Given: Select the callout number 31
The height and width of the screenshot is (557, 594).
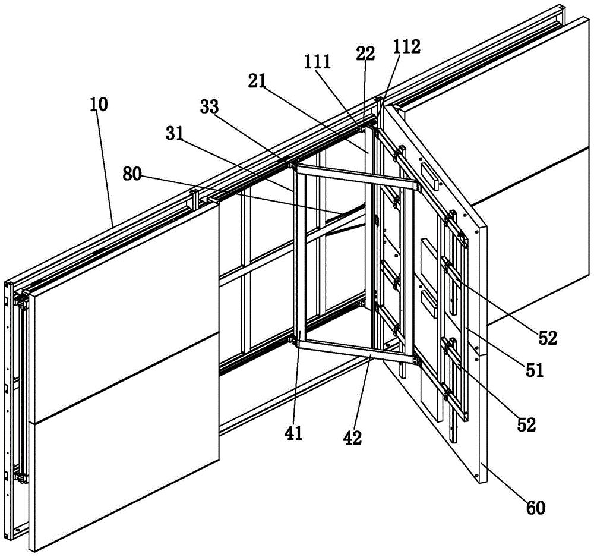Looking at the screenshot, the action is pyautogui.click(x=175, y=133).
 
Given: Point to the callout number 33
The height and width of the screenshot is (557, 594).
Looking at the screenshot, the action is pyautogui.click(x=210, y=108).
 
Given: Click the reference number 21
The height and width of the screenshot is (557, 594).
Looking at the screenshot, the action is pyautogui.click(x=257, y=81).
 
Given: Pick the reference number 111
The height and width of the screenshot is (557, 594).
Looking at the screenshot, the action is pyautogui.click(x=317, y=62).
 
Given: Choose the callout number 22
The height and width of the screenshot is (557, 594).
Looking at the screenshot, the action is pyautogui.click(x=365, y=53).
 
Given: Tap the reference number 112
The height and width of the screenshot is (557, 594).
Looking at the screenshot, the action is pyautogui.click(x=407, y=46).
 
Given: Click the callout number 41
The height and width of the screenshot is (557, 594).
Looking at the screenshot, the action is pyautogui.click(x=294, y=433).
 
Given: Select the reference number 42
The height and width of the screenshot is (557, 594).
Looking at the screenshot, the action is pyautogui.click(x=352, y=438).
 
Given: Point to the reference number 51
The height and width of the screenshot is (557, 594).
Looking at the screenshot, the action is pyautogui.click(x=535, y=370).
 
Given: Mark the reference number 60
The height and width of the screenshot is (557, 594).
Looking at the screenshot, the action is pyautogui.click(x=535, y=507).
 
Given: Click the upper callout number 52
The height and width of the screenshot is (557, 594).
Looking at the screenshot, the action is pyautogui.click(x=548, y=338).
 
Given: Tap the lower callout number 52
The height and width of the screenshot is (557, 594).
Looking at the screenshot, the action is pyautogui.click(x=526, y=426).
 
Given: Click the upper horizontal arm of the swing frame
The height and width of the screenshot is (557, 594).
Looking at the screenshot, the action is pyautogui.click(x=356, y=177).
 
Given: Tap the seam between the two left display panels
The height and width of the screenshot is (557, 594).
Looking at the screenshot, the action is pyautogui.click(x=125, y=377).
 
